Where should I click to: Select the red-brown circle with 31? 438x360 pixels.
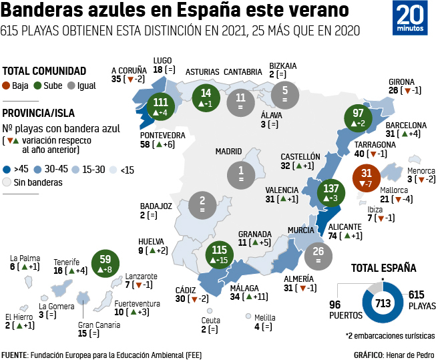[367, 178]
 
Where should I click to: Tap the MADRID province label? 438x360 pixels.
[228, 151]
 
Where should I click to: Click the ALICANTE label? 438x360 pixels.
[345, 226]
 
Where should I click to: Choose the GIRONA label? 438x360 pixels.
[401, 81]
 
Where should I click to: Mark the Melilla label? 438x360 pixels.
[264, 317]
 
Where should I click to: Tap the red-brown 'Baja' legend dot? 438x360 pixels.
[7, 85]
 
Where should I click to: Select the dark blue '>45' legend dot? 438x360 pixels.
[7, 170]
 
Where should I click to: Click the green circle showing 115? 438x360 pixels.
[219, 255]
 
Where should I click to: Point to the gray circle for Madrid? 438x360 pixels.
[240, 174]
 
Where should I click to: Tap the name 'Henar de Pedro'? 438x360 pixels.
[409, 354]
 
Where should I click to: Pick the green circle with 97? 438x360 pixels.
[358, 118]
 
